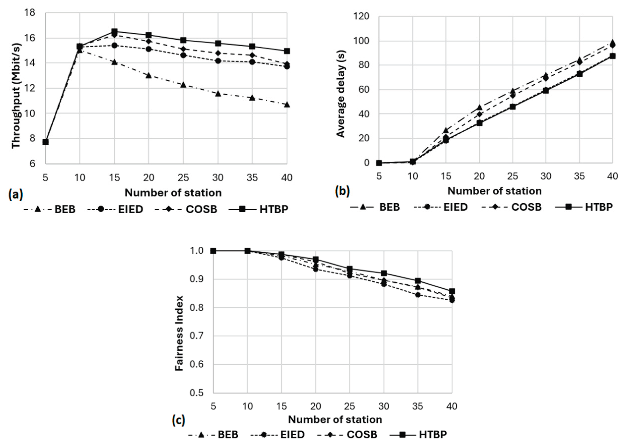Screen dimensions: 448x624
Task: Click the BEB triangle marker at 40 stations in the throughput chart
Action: [287, 105]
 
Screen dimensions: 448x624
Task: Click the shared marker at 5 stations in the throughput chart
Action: [45, 142]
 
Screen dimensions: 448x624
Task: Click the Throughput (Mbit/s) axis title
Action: [16, 96]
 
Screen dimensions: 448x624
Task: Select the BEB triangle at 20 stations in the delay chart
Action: [479, 107]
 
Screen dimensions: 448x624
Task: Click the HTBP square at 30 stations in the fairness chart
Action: [384, 273]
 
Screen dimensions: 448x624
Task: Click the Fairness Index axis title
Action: [179, 333]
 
